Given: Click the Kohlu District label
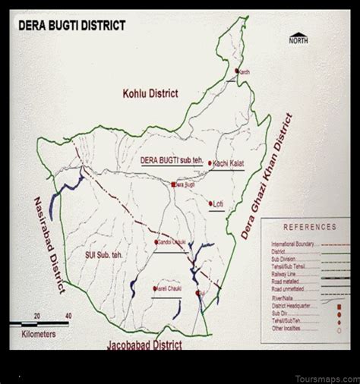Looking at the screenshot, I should click(x=150, y=94).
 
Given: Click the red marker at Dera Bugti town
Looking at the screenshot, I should click(x=173, y=184).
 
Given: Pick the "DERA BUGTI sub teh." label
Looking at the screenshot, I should click(x=168, y=161).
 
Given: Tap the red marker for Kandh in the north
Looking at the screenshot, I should click(x=237, y=71).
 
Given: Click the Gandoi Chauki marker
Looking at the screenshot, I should click(x=156, y=242).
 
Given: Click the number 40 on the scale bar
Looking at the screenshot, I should click(x=69, y=315).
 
